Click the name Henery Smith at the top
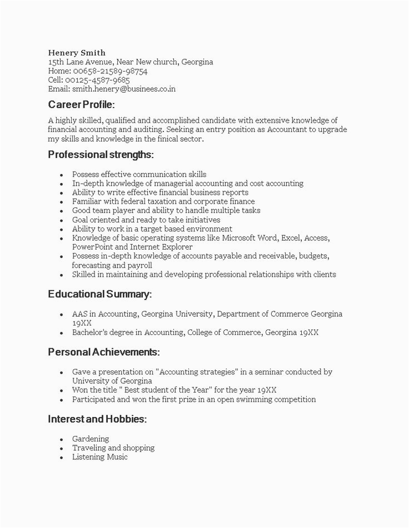[77, 53]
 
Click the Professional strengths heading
[101, 154]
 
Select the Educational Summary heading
[99, 294]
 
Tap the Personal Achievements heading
[104, 352]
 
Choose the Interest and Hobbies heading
[97, 419]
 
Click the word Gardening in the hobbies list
[91, 439]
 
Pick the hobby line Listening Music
[100, 457]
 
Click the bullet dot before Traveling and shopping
[61, 448]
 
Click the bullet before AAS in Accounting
[61, 314]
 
